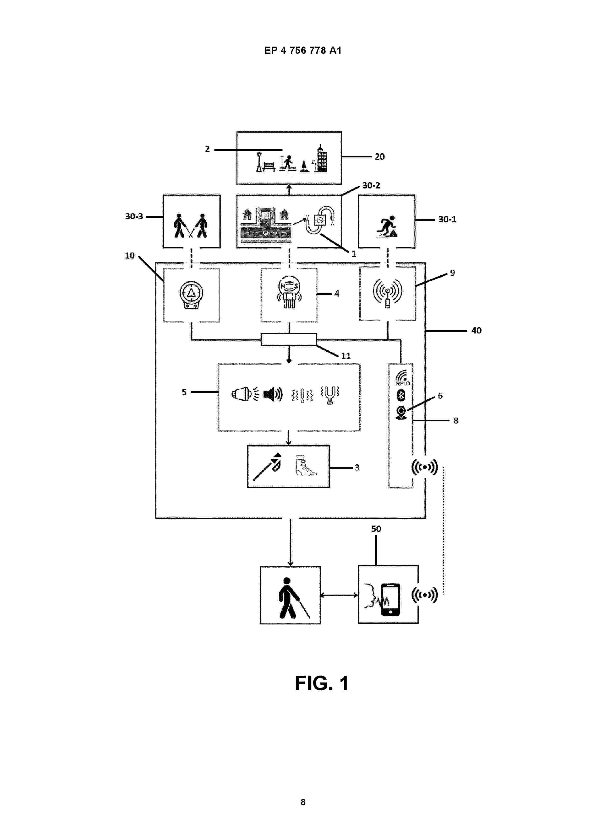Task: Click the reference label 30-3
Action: (x=134, y=216)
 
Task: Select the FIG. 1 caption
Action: (x=322, y=683)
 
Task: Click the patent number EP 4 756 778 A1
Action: (x=303, y=50)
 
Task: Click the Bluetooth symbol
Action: (x=401, y=395)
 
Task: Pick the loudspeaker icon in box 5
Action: (x=273, y=394)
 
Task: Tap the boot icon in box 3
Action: (x=305, y=465)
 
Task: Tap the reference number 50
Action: (x=376, y=529)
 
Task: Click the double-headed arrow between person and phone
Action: (x=339, y=595)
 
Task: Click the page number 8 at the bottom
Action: (x=303, y=802)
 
